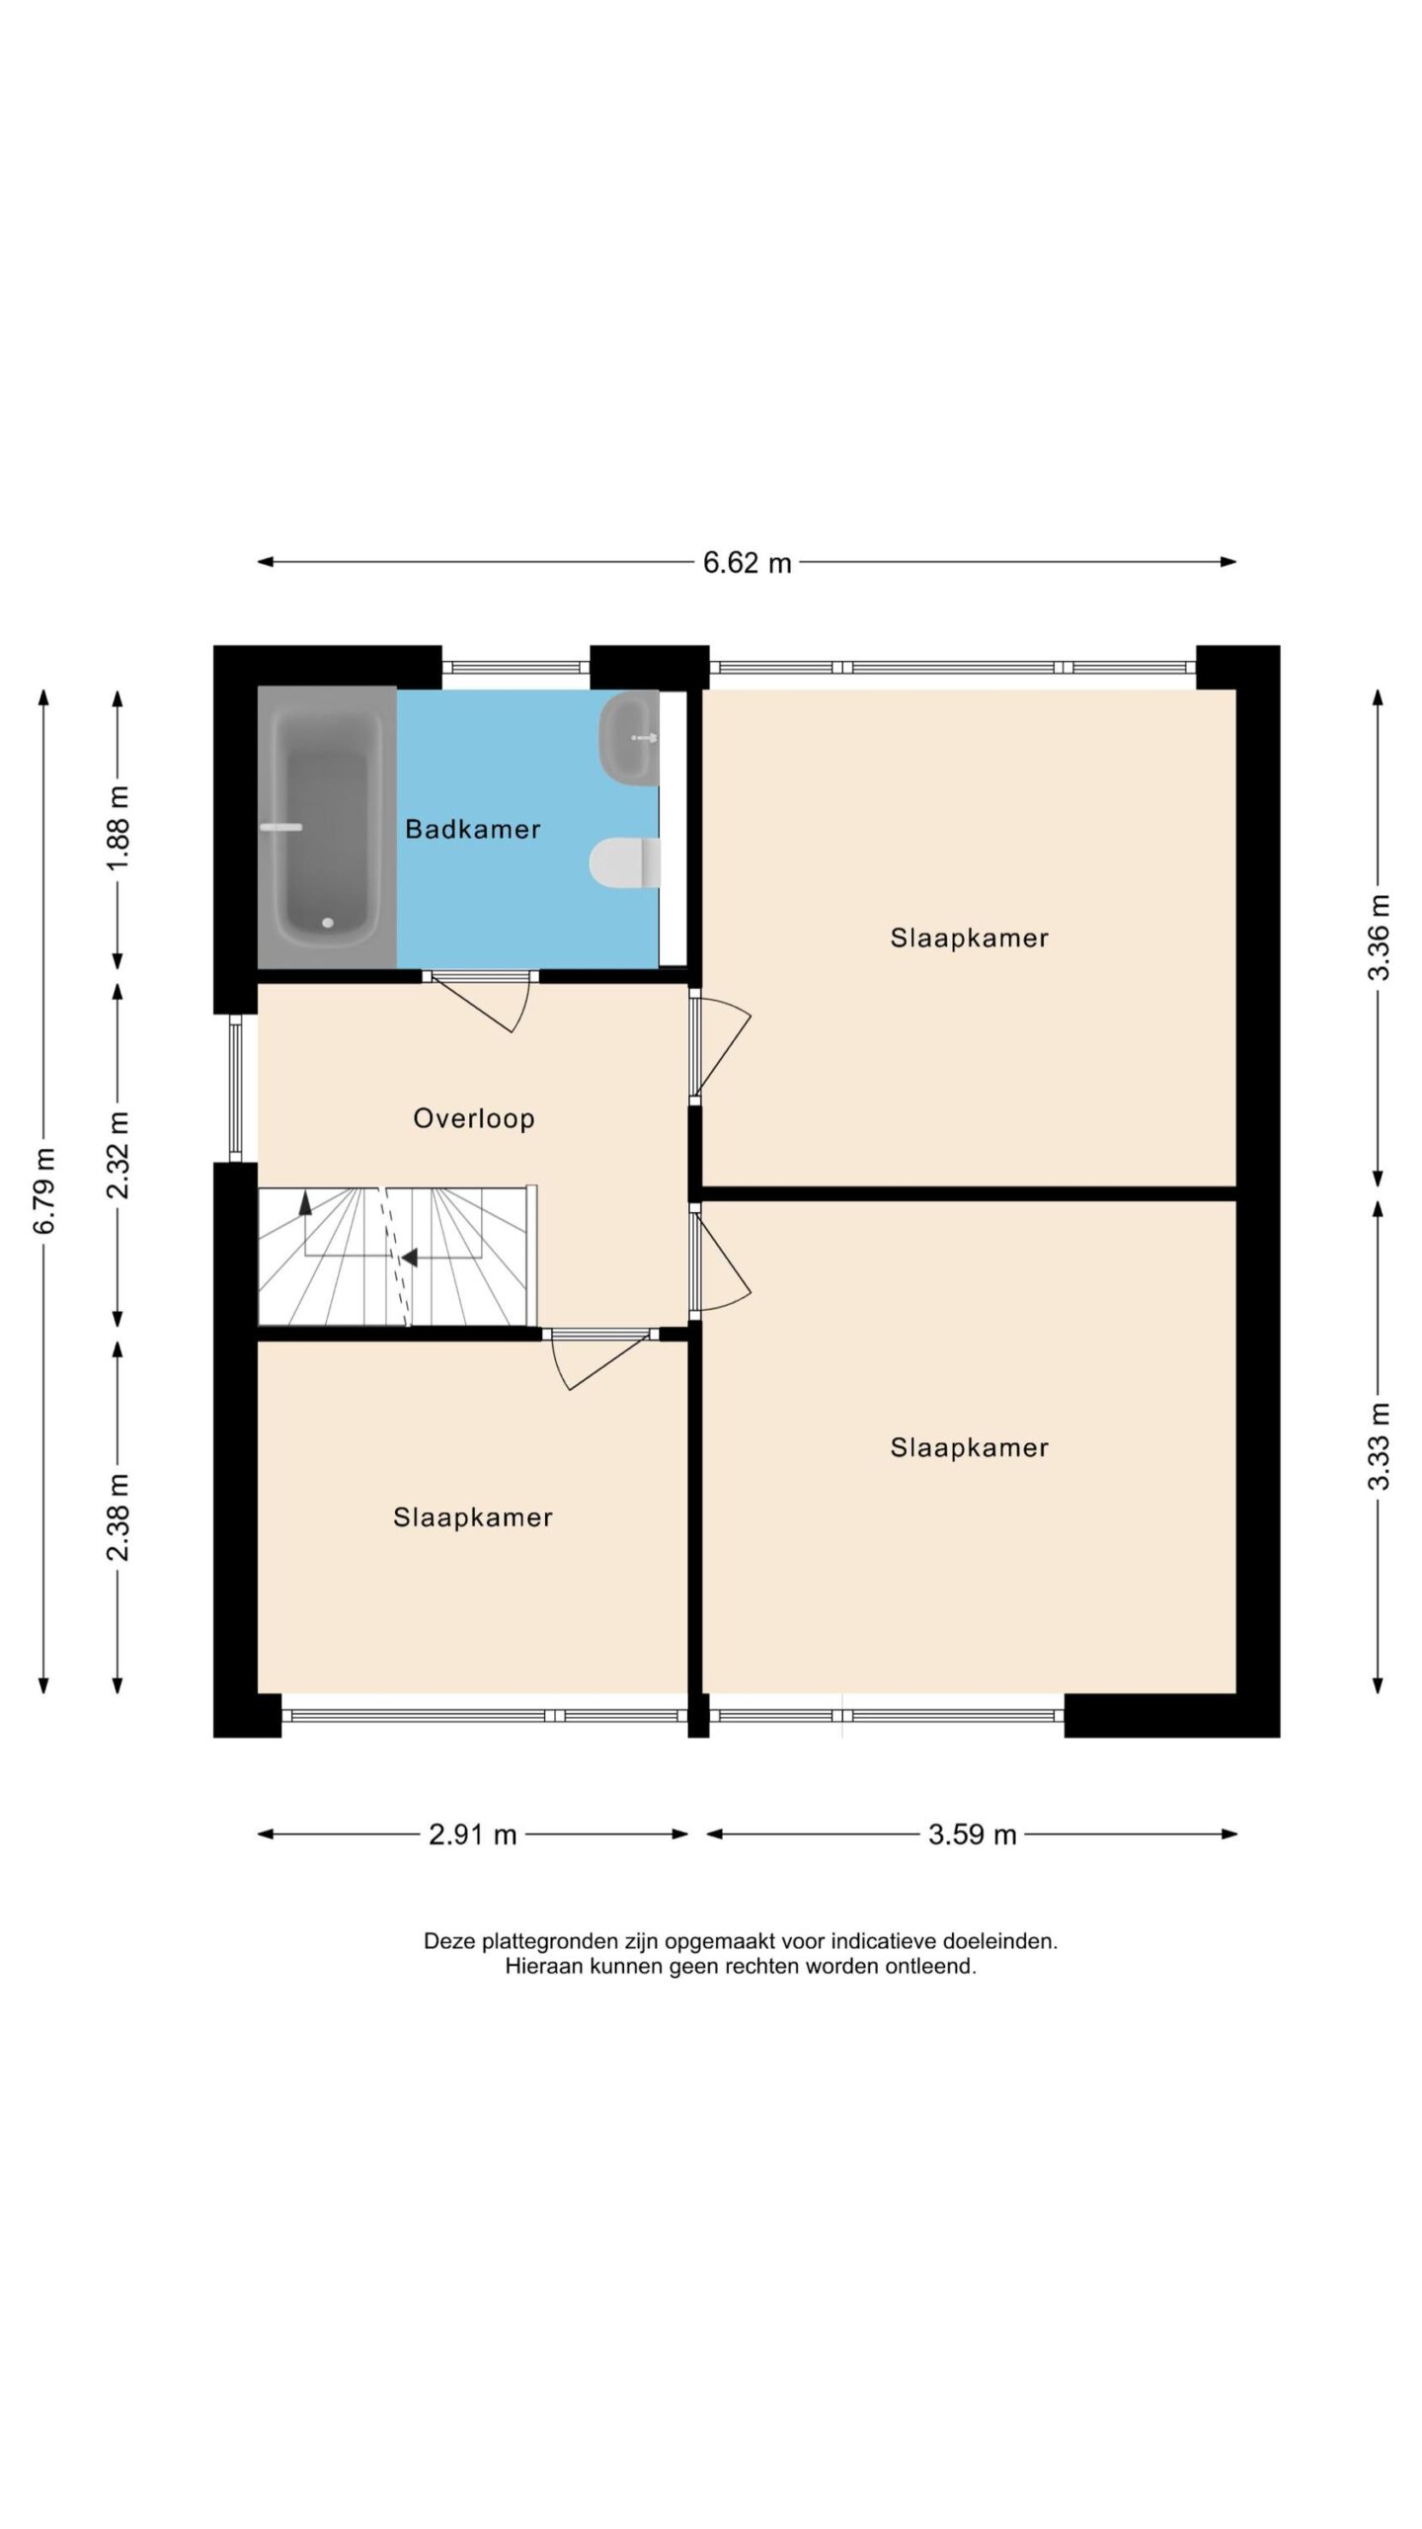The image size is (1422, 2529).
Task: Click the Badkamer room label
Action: [472, 829]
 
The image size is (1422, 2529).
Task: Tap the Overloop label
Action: [474, 1118]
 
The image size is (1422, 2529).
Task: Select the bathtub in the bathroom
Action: [327, 827]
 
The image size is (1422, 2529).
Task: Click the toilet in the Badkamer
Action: [624, 862]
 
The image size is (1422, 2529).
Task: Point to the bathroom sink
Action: [629, 738]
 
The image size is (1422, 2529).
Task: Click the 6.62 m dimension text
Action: [748, 563]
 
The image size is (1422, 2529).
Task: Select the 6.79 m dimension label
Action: [44, 1190]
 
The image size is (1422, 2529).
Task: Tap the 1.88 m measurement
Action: [118, 828]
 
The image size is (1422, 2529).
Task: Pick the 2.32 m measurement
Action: [118, 1155]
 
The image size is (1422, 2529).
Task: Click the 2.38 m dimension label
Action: [118, 1516]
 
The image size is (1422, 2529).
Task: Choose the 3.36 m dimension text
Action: [1379, 938]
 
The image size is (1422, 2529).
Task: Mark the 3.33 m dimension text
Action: [1379, 1446]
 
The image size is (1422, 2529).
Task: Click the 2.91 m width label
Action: [473, 1835]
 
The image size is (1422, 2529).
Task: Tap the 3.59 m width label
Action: [973, 1835]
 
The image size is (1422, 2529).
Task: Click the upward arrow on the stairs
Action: [305, 1202]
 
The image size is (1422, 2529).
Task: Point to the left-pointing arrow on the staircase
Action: [410, 1258]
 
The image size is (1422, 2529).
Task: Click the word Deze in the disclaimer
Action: [445, 1941]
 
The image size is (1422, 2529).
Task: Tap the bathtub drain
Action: [328, 923]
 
